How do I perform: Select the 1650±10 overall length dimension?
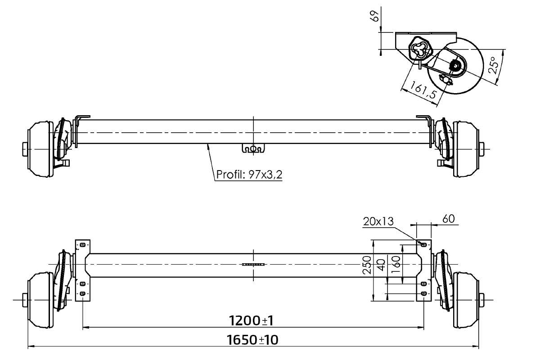point(253,340)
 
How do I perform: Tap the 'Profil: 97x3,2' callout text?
point(249,174)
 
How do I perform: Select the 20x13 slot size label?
point(377,221)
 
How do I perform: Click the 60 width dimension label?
point(448,219)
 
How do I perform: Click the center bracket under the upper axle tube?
point(253,148)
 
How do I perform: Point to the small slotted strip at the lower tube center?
point(254,265)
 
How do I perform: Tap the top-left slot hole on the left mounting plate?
point(82,245)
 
